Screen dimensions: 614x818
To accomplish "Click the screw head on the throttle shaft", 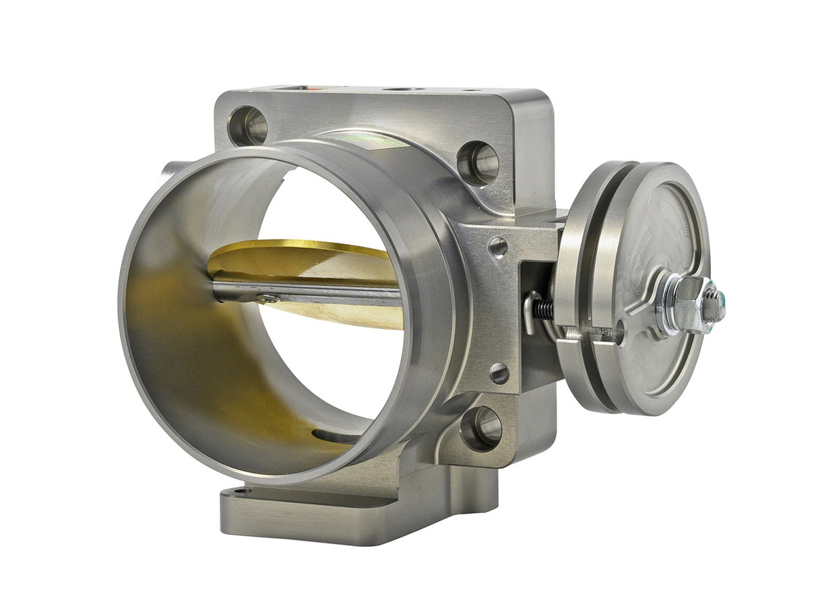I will coord(269,297).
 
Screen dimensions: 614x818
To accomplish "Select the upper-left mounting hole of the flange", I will coord(248,125).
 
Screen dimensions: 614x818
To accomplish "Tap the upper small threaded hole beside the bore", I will coord(497,247).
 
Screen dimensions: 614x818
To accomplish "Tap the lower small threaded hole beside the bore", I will coord(499,373).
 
